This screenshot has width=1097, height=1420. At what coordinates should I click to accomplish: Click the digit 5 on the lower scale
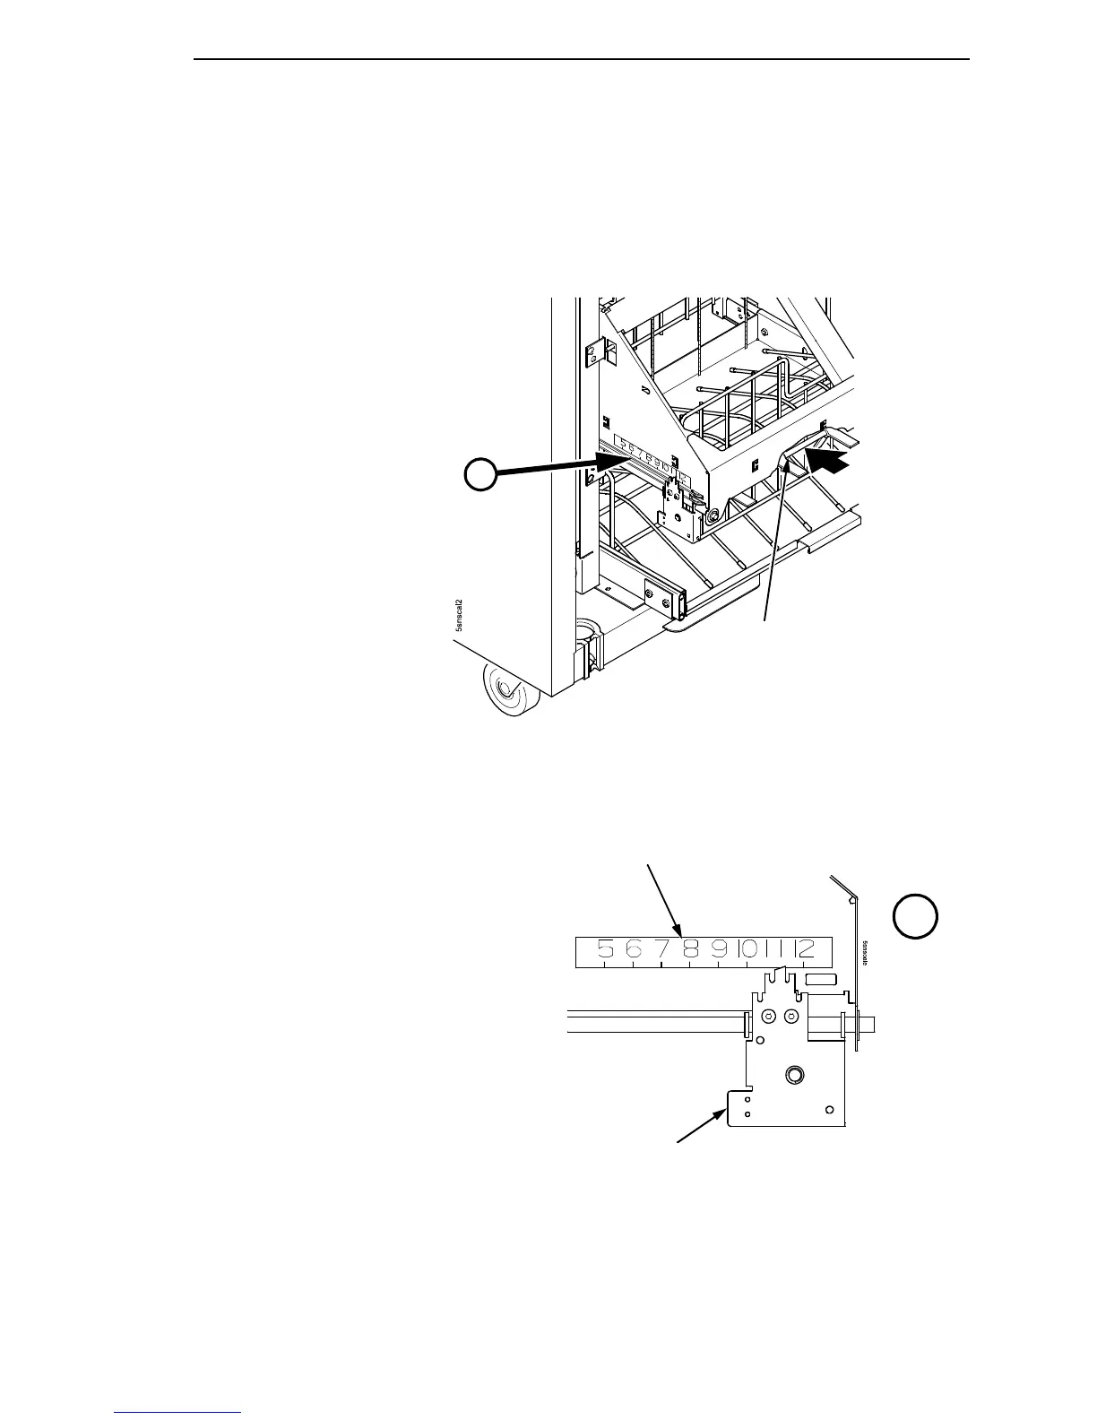tap(606, 948)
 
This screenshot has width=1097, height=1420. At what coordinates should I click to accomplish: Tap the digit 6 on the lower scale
tap(634, 948)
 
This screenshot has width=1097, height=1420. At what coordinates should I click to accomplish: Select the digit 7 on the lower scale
tap(662, 948)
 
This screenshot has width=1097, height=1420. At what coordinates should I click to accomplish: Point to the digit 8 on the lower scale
tap(691, 948)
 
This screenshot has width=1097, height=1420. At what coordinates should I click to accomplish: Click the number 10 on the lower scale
tap(746, 948)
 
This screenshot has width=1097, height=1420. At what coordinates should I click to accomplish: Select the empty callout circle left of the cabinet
tap(480, 474)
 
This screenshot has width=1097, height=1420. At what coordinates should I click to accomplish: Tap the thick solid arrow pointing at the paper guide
tap(827, 462)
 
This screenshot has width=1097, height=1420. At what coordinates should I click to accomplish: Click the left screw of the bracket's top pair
tap(768, 1017)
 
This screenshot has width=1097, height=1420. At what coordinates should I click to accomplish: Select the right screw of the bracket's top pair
tap(790, 1017)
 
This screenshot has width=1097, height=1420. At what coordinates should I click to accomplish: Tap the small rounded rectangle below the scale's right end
tap(820, 980)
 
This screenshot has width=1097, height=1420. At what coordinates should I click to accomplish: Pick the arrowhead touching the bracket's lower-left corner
tap(722, 1114)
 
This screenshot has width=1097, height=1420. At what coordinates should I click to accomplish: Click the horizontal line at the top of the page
tap(583, 60)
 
